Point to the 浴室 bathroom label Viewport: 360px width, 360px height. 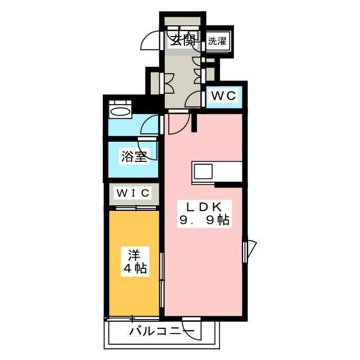click(x=134, y=157)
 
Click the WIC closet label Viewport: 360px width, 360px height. click(x=133, y=193)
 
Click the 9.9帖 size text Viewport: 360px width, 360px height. click(x=204, y=220)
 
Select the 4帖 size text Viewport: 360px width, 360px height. click(x=135, y=269)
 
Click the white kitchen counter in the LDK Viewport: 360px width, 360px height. click(x=217, y=170)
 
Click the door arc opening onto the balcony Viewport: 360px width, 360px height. click(x=191, y=332)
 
